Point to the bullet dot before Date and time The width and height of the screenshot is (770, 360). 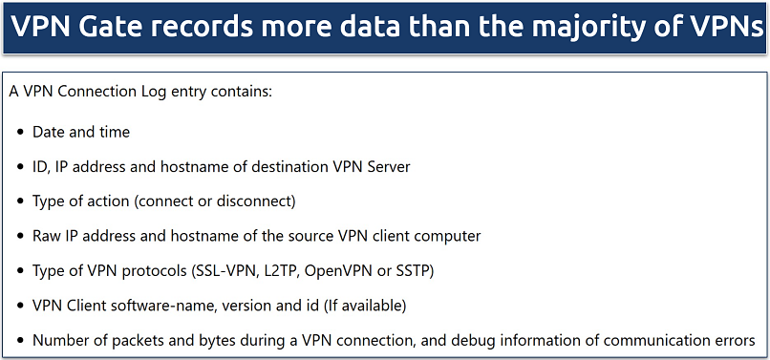20,132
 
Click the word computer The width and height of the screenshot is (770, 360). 447,236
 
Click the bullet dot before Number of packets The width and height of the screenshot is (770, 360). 20,340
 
